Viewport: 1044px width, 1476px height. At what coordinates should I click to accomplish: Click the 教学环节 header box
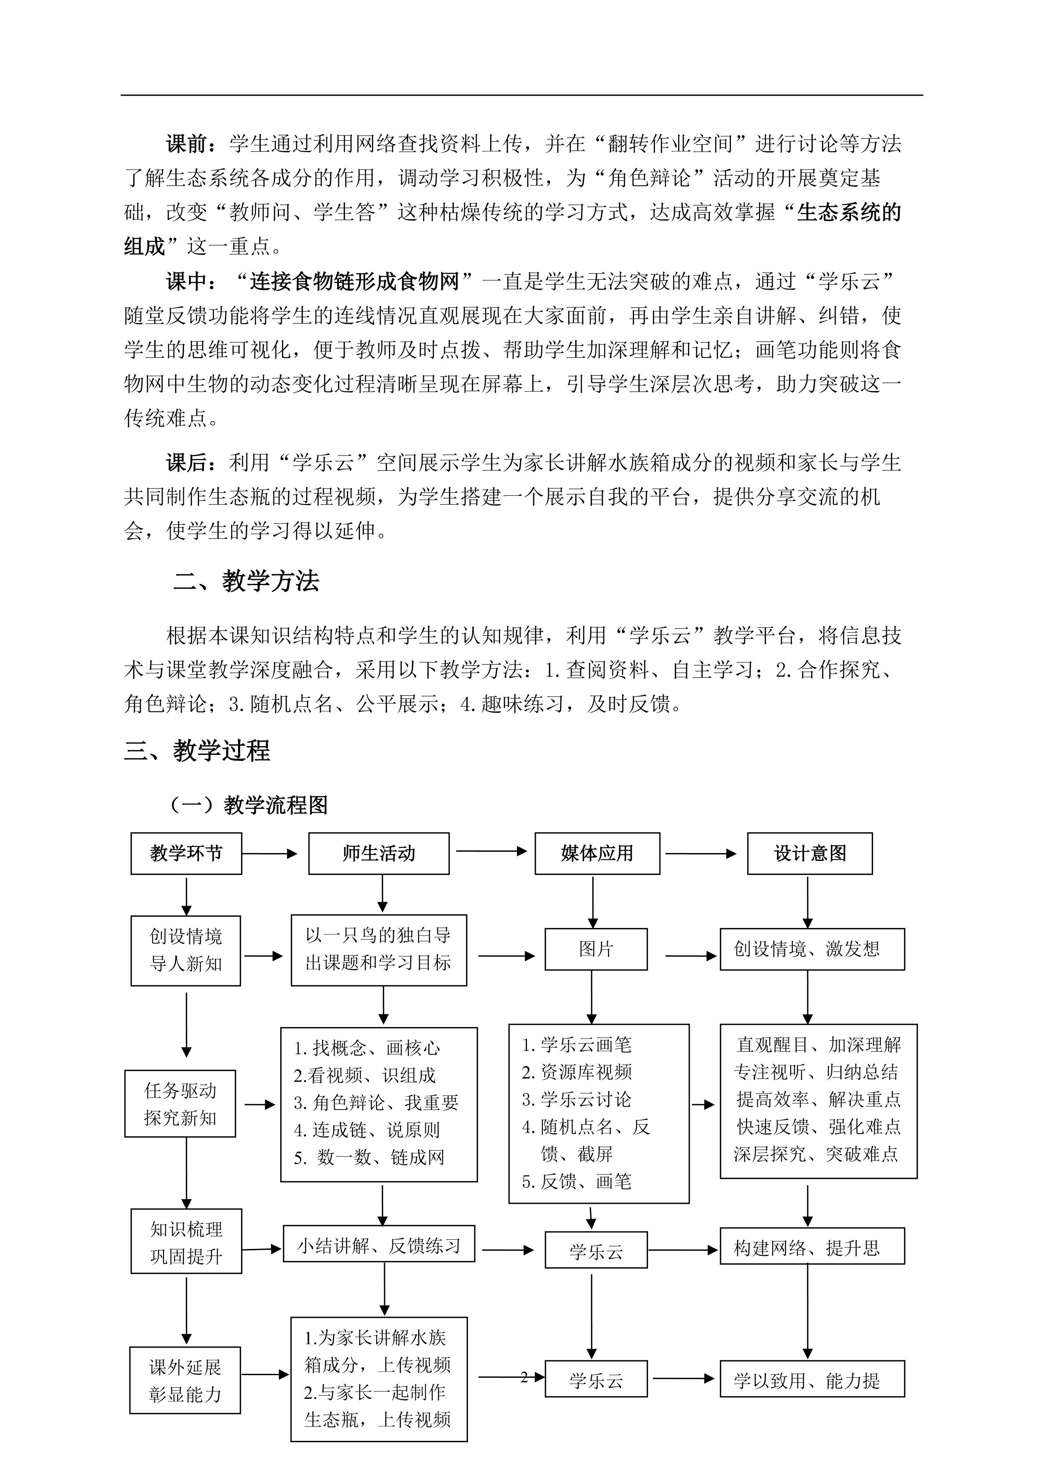[x=186, y=853]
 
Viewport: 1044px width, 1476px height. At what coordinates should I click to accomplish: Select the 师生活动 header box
[x=379, y=853]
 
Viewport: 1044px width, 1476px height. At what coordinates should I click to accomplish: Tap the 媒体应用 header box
[x=597, y=853]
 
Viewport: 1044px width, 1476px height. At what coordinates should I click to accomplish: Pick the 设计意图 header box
[x=809, y=853]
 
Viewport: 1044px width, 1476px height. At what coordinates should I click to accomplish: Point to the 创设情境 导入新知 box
[x=186, y=950]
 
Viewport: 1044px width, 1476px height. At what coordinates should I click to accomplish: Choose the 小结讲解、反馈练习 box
[x=379, y=1246]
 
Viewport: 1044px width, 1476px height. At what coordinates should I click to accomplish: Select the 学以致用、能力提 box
[x=812, y=1379]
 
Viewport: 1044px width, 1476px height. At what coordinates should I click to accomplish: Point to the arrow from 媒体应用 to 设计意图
[x=701, y=854]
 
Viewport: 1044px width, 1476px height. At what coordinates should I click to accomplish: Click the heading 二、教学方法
[x=246, y=581]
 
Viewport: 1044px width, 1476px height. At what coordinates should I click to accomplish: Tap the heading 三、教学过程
[x=197, y=750]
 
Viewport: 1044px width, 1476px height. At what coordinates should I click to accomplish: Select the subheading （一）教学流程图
[x=248, y=805]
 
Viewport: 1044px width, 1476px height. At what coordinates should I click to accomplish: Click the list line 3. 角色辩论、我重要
[x=376, y=1103]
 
